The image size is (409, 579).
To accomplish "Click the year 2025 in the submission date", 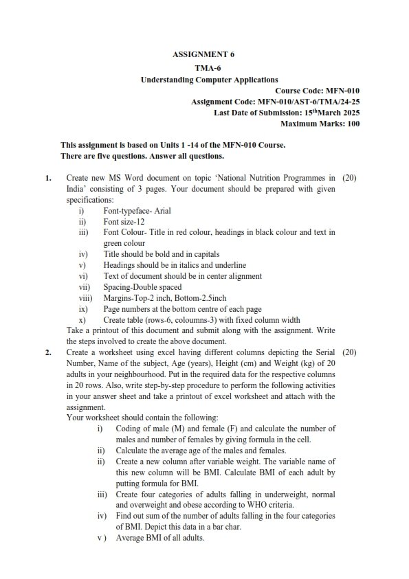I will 347,113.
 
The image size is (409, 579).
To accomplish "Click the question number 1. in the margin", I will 49,178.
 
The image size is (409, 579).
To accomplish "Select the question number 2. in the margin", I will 49,352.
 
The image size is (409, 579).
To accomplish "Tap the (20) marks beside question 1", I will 349,178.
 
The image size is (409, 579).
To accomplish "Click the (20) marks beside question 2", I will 349,352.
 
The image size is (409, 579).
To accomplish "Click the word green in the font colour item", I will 114,243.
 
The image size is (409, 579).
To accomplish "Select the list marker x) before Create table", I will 82,320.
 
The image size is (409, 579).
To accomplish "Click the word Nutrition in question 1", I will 260,178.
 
